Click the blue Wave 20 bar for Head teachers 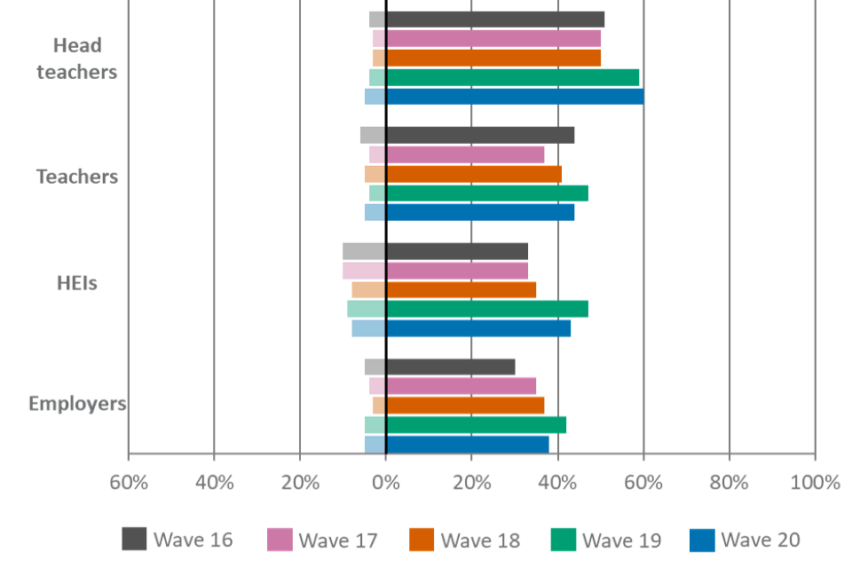pyautogui.click(x=515, y=96)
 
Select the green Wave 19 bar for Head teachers pyautogui.click(x=512, y=77)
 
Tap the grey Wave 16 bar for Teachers pyautogui.click(x=480, y=135)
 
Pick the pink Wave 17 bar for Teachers pyautogui.click(x=465, y=154)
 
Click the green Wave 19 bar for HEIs pyautogui.click(x=486, y=308)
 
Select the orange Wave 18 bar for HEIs pyautogui.click(x=461, y=289)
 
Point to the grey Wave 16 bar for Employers pyautogui.click(x=450, y=367)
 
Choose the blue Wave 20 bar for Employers pyautogui.click(x=467, y=444)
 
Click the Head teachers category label pyautogui.click(x=77, y=59)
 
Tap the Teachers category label pyautogui.click(x=77, y=176)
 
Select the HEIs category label pyautogui.click(x=77, y=283)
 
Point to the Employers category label pyautogui.click(x=77, y=404)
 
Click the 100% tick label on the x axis pyautogui.click(x=814, y=483)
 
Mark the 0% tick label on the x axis pyautogui.click(x=386, y=483)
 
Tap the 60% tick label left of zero pyautogui.click(x=128, y=483)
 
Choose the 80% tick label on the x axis pyautogui.click(x=730, y=483)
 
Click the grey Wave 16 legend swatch pyautogui.click(x=134, y=539)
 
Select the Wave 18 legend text pyautogui.click(x=480, y=540)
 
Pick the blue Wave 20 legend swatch pyautogui.click(x=701, y=539)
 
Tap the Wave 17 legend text pyautogui.click(x=338, y=540)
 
